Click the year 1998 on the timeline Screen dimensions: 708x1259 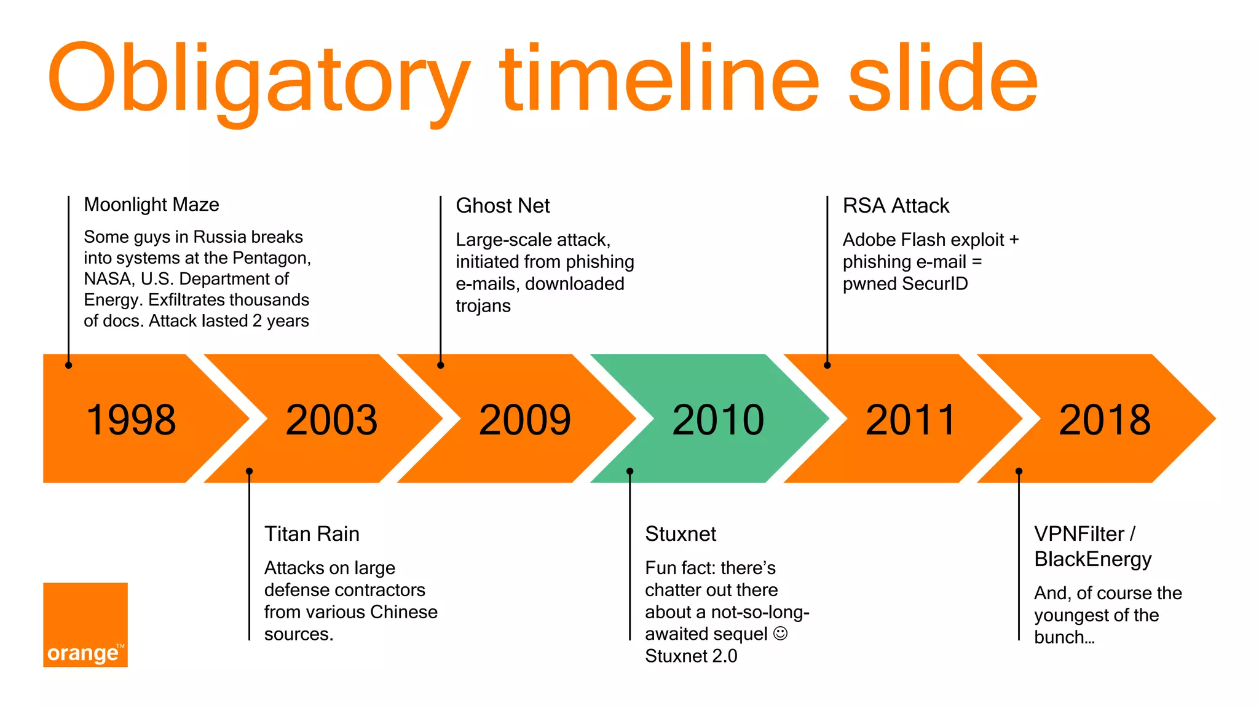[131, 420]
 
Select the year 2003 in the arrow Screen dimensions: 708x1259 [331, 420]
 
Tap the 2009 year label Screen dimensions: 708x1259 [524, 420]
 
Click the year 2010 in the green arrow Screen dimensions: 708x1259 [718, 420]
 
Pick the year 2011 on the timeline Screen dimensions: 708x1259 [910, 420]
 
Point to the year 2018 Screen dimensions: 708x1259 [1105, 420]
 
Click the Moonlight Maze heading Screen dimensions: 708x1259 [151, 205]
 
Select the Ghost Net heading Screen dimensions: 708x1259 [502, 206]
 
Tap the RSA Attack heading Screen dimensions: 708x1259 [896, 206]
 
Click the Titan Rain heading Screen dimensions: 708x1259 [312, 534]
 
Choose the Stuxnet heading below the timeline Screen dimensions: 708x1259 [681, 534]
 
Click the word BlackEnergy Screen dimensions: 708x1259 [1092, 559]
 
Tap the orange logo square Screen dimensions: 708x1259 [85, 624]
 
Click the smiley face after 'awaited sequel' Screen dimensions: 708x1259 [780, 634]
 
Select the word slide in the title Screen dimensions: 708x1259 [942, 79]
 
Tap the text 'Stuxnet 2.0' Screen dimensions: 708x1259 [691, 656]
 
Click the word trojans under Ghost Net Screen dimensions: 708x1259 [483, 306]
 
